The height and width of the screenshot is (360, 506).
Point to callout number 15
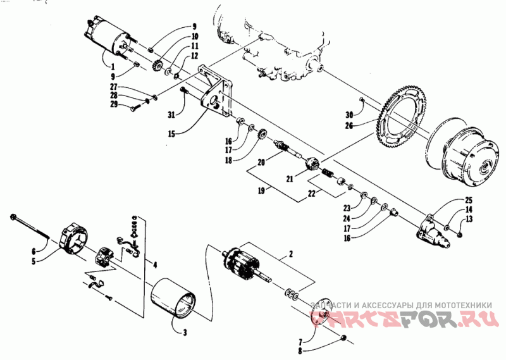171,133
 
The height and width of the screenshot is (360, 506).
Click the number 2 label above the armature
290,254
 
